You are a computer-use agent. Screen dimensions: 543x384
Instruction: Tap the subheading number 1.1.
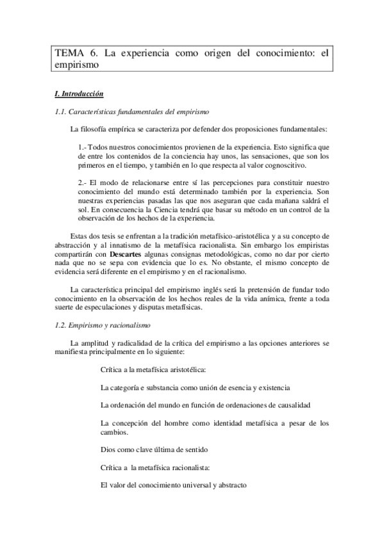tap(63, 112)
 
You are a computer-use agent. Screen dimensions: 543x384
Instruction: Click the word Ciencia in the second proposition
tap(203, 209)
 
